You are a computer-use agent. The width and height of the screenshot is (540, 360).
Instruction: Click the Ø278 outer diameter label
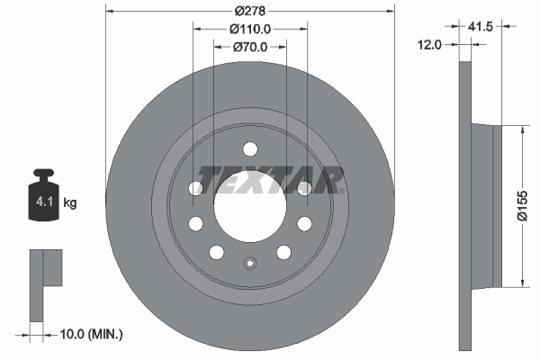[250, 11]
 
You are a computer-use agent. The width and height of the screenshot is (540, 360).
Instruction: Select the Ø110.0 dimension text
[250, 30]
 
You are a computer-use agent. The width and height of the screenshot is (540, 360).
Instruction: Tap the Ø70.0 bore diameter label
[250, 47]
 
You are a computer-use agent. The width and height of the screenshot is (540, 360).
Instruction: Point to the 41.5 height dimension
[481, 26]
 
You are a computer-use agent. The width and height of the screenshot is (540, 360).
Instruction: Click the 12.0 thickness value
[429, 44]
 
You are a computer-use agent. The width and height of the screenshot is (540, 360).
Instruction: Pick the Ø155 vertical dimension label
[522, 206]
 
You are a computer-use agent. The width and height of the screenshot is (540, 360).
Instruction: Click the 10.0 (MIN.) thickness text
[91, 334]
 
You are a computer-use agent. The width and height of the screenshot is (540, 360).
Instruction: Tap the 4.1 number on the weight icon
[44, 202]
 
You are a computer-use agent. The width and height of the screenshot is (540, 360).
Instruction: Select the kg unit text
[70, 202]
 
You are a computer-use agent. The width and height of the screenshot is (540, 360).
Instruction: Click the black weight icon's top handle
[44, 174]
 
